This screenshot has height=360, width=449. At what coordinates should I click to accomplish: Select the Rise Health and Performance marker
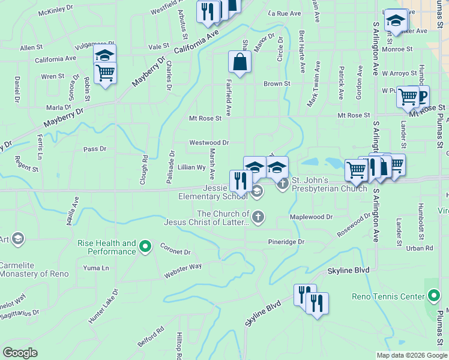(145, 247)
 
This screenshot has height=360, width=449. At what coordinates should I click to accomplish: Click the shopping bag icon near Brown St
(240, 62)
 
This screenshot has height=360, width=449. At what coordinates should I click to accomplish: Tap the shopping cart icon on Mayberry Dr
(105, 74)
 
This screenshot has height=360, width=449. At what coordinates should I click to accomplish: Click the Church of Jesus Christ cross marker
(258, 217)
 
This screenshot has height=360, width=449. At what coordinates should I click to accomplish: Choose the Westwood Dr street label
(209, 143)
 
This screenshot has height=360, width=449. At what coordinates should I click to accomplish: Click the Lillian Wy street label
(191, 167)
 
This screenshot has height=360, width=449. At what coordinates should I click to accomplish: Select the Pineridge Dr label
(286, 242)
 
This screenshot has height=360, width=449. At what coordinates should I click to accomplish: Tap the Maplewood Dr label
(311, 217)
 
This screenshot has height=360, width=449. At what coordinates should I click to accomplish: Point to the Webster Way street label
(183, 272)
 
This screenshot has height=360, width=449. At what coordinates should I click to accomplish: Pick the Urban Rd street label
(420, 248)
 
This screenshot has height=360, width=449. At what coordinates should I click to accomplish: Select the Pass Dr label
(95, 149)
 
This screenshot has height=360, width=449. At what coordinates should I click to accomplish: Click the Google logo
(20, 352)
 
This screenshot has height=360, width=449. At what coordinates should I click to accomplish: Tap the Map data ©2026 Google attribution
(412, 355)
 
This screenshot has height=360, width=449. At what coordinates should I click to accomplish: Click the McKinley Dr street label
(55, 12)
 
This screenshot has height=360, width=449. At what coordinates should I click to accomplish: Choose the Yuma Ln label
(96, 268)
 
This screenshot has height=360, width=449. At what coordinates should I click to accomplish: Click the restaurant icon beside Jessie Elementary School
(240, 181)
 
